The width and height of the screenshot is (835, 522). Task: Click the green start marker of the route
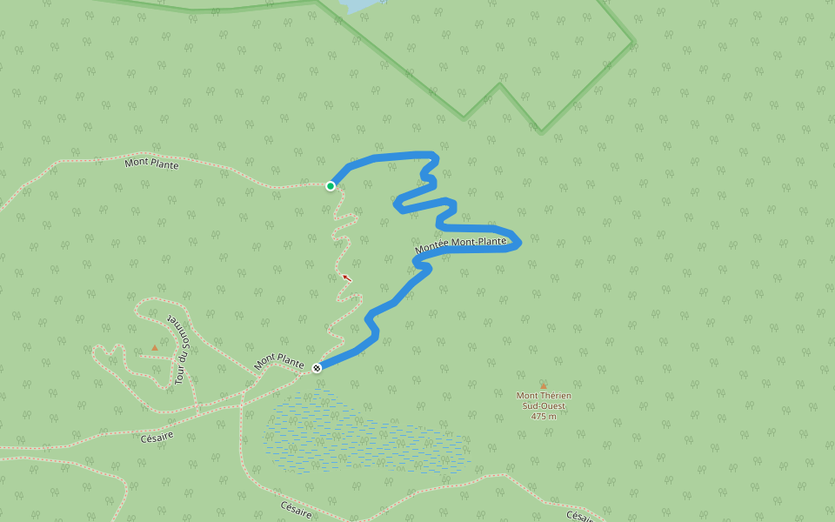tap(331, 185)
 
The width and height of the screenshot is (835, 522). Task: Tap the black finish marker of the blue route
tap(317, 367)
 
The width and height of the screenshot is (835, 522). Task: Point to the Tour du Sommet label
tap(181, 349)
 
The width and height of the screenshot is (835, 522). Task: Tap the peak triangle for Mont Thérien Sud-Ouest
tap(544, 385)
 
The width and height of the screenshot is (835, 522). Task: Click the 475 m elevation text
tap(544, 416)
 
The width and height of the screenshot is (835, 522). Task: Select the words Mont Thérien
tap(544, 396)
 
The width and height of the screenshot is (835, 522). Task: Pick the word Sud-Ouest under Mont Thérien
tap(544, 405)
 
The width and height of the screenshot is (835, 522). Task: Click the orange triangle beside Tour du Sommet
tap(155, 347)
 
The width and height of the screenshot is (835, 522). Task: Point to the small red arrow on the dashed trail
tap(346, 278)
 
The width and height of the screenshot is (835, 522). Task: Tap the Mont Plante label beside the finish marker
tap(279, 361)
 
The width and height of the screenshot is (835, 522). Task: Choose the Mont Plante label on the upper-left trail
tap(151, 163)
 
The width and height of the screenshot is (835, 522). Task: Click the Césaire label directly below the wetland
tap(297, 509)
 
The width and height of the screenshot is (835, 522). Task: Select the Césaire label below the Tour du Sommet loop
tap(157, 436)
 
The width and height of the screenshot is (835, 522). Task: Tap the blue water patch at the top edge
tap(358, 5)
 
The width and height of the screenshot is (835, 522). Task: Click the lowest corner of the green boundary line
tap(541, 132)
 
